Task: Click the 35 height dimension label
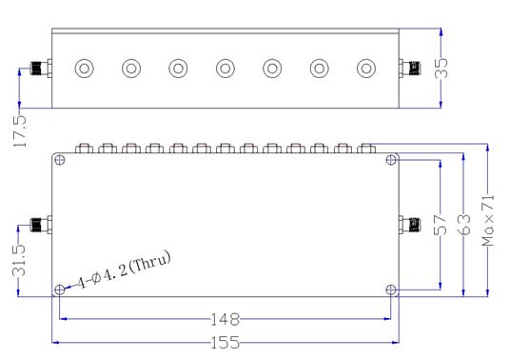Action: tap(441, 68)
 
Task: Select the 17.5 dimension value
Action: tap(20, 131)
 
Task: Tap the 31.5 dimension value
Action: tap(18, 260)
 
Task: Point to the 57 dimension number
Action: tap(441, 225)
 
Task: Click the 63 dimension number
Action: tap(463, 225)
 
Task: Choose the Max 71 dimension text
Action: tap(488, 220)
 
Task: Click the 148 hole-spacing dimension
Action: tap(226, 320)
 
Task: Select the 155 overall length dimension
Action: tap(226, 343)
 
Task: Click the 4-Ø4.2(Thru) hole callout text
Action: tap(124, 270)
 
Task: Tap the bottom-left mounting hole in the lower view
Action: tap(60, 290)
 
